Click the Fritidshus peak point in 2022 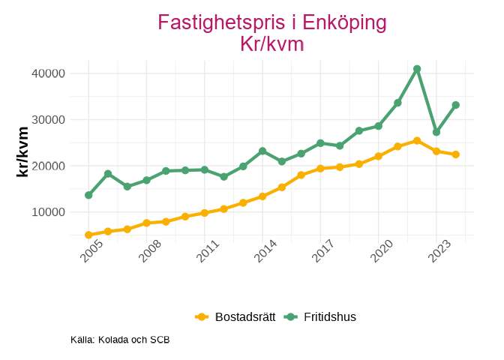[x=417, y=69]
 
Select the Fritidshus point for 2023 [x=436, y=132]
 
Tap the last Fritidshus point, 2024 [x=455, y=105]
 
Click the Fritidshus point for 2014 [x=262, y=151]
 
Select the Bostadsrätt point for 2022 [x=417, y=141]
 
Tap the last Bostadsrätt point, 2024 [x=455, y=154]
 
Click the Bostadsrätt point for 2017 [x=320, y=168]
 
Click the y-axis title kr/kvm [x=23, y=151]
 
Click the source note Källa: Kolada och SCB [x=120, y=340]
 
